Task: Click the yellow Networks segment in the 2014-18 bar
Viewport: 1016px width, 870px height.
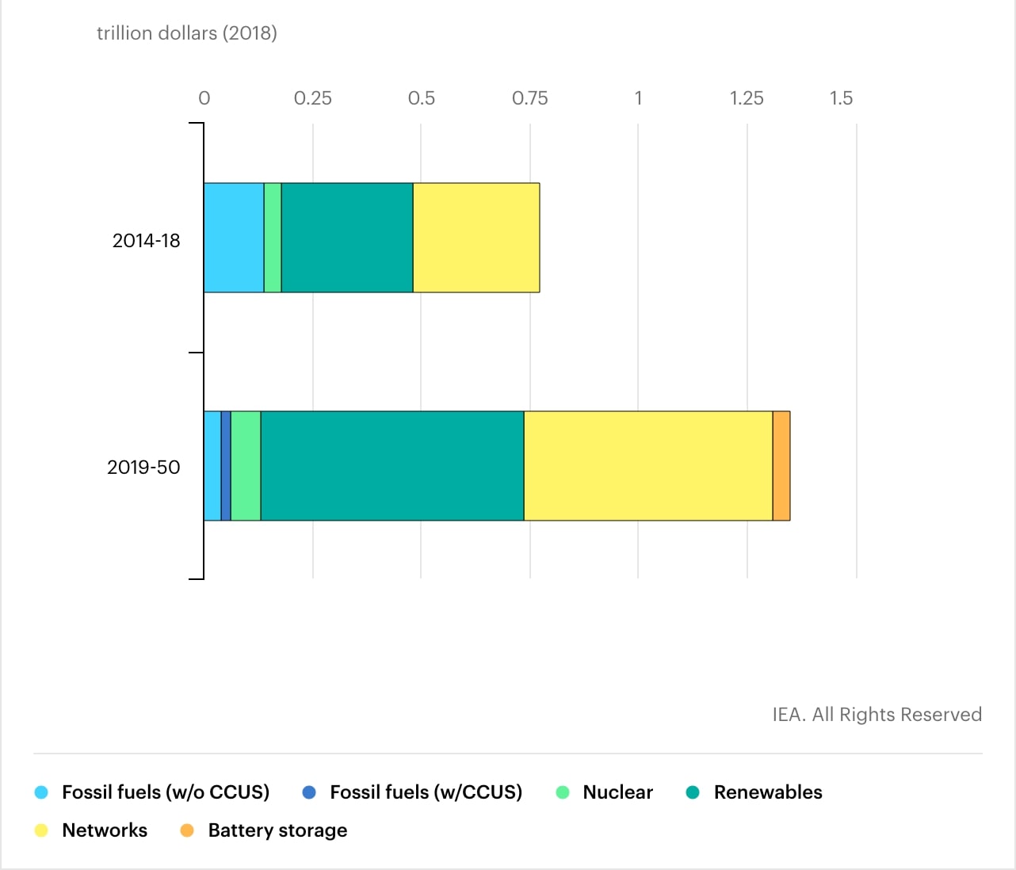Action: (476, 238)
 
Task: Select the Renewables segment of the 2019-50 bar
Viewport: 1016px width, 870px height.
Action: (392, 466)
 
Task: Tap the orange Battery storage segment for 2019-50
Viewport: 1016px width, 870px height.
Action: (781, 466)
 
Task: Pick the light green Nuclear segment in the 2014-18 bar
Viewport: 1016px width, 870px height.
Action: (273, 238)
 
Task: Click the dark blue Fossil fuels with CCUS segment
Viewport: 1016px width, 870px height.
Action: (226, 466)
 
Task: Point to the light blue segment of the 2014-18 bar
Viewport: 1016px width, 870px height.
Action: (234, 238)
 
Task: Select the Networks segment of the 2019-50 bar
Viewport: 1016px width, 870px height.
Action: (648, 466)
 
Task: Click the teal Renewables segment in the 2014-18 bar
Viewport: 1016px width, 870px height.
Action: (347, 238)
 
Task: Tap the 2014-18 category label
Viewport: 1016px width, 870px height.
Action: (146, 241)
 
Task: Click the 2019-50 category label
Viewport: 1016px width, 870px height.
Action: (143, 467)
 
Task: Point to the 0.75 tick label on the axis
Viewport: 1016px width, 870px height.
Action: (529, 98)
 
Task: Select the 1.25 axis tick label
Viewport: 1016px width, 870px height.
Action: (747, 98)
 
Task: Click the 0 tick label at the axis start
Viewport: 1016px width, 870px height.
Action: (204, 98)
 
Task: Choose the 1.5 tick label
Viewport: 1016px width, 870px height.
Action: (841, 98)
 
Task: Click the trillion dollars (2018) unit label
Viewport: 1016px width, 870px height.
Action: (187, 33)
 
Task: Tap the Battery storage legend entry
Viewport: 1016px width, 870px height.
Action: (277, 830)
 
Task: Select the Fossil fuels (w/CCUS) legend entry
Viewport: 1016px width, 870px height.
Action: (426, 792)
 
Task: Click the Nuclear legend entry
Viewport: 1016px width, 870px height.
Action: (617, 792)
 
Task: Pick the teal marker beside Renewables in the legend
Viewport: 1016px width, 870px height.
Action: (693, 792)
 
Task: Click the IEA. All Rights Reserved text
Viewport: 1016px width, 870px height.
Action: (877, 715)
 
